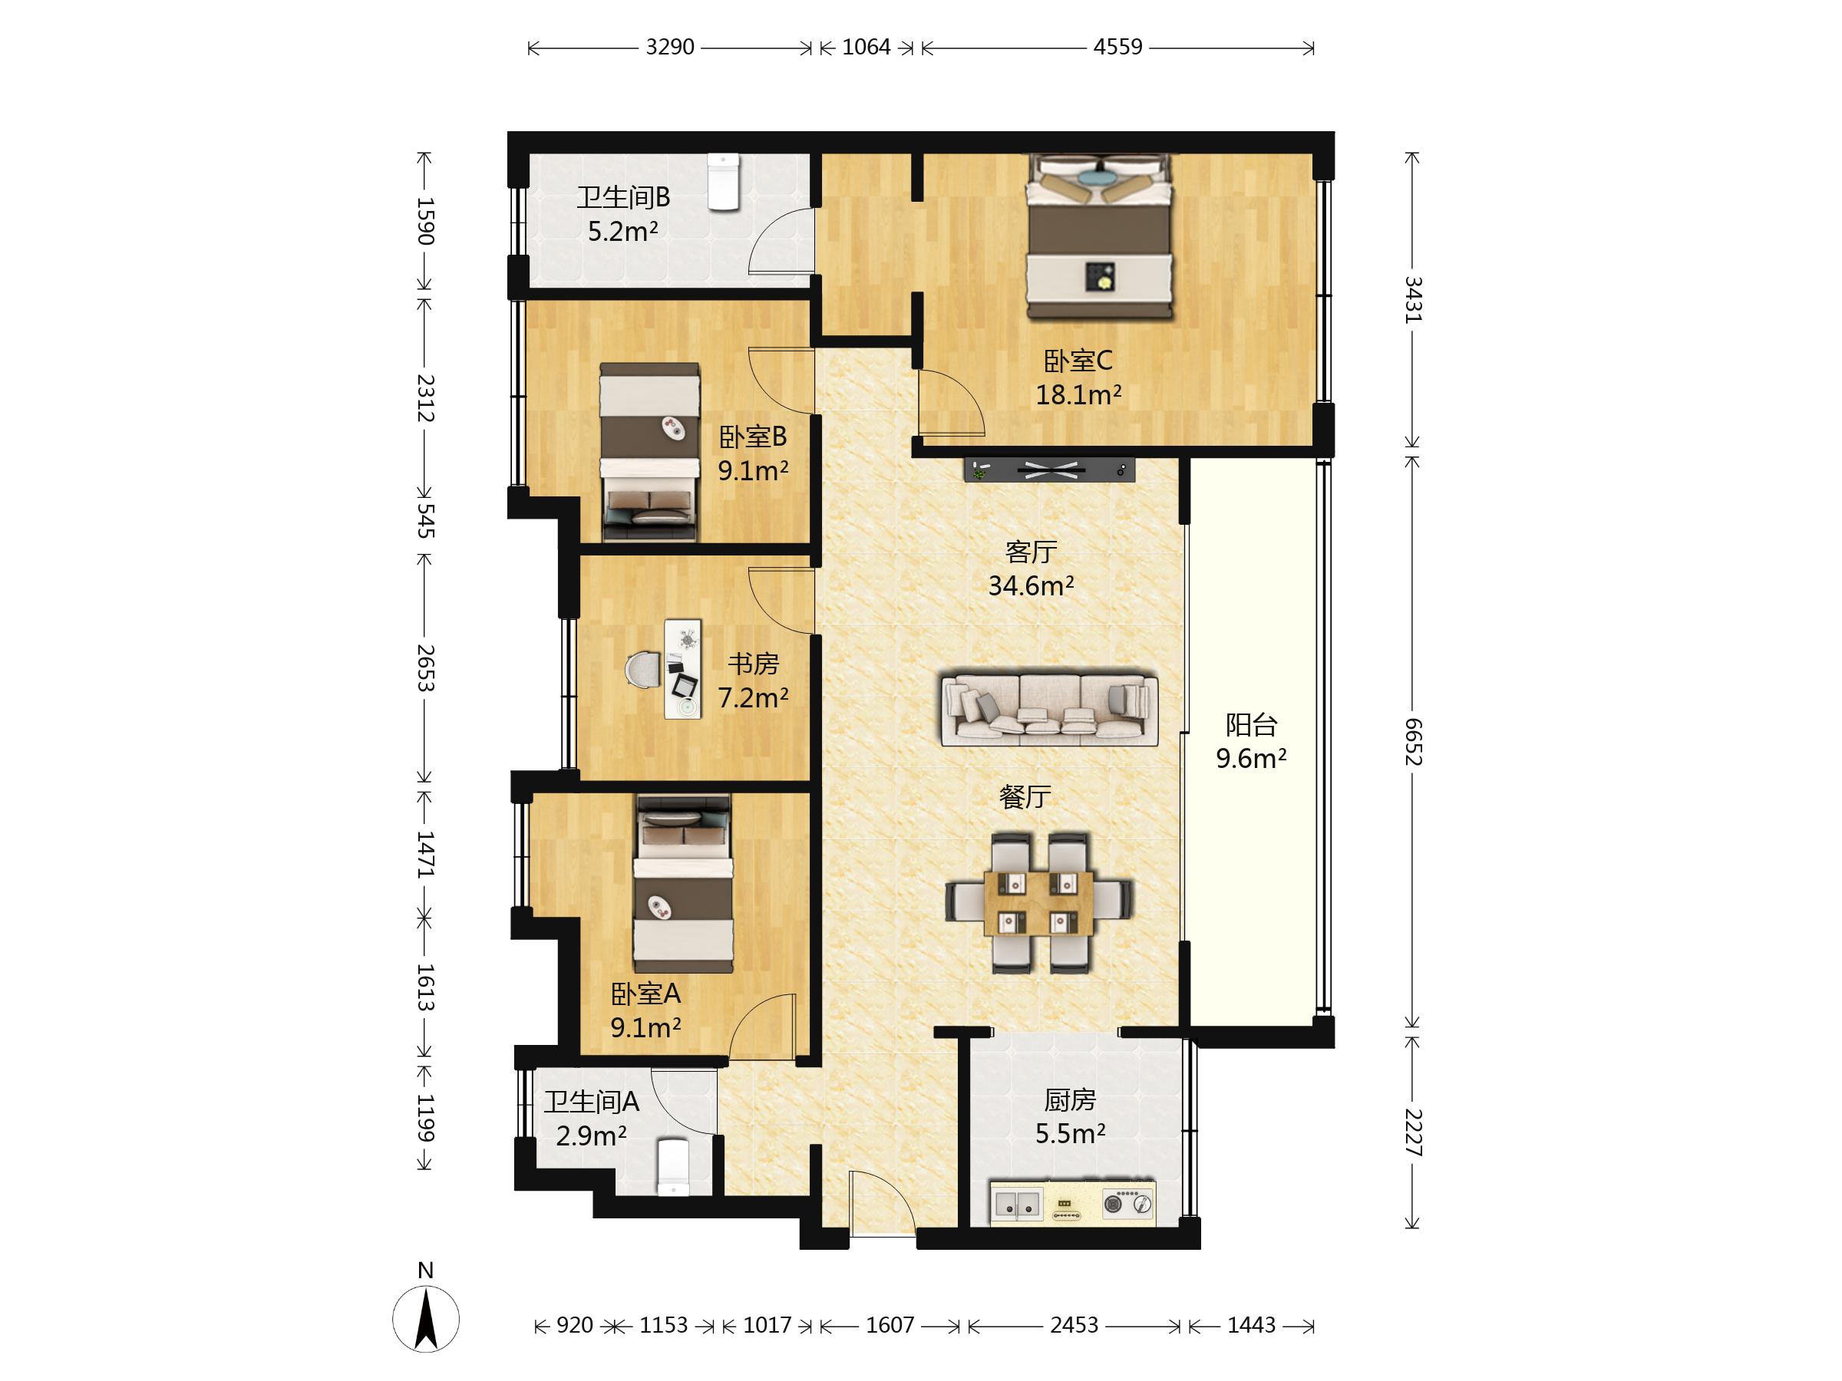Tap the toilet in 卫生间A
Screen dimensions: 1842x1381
coord(673,1166)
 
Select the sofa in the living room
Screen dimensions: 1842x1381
coord(1048,708)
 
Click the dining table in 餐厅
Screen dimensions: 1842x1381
coord(1038,903)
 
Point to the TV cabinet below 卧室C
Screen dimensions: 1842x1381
coord(1049,470)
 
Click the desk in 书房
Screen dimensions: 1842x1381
coord(682,668)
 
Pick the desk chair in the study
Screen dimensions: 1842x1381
coord(643,670)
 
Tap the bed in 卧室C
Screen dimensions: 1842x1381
coord(1099,236)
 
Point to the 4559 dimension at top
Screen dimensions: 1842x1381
coord(1117,47)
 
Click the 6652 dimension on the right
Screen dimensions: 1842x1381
coord(1413,741)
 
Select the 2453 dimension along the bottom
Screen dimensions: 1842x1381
coord(1074,1324)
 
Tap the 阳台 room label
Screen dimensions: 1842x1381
coord(1251,724)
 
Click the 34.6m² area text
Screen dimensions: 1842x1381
coord(1031,586)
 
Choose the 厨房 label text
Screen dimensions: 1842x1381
coord(1070,1099)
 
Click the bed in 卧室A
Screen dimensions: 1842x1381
coord(683,883)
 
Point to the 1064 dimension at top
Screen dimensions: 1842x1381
coord(866,47)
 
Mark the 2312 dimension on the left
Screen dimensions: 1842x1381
coord(425,398)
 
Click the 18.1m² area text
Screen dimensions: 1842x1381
coord(1078,394)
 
